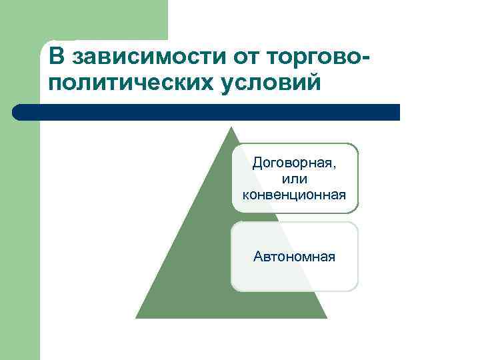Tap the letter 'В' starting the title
point(56,57)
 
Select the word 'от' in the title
point(245,57)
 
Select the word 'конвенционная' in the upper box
point(294,195)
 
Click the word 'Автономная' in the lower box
point(294,256)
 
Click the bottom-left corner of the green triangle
point(137,317)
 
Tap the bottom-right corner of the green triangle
point(326,317)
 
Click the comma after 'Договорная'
point(335,167)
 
